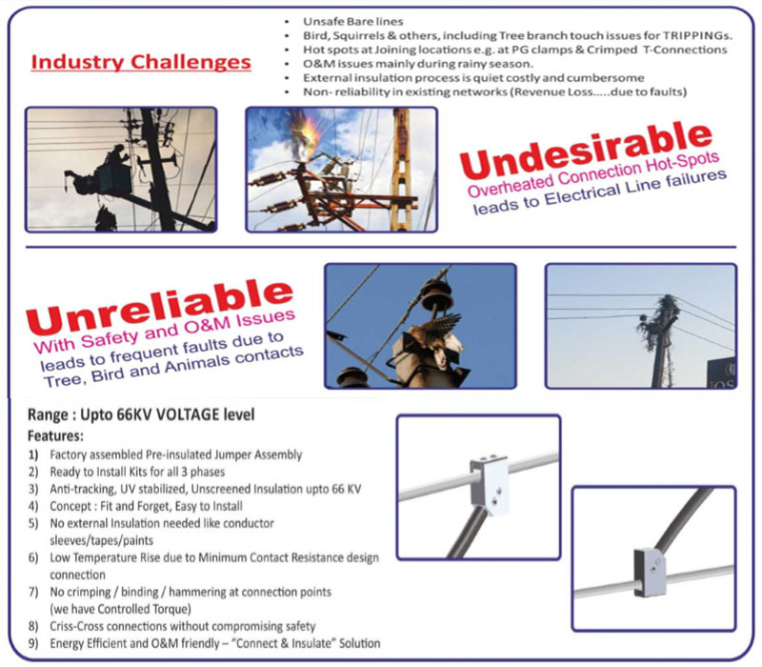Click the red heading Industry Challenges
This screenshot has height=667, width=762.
pos(141,62)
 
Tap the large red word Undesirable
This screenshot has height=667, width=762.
pos(586,151)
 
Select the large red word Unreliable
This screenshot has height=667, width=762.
pos(160,306)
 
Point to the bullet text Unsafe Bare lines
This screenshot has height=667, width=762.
pos(352,21)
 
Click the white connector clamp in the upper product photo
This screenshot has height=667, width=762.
pos(490,484)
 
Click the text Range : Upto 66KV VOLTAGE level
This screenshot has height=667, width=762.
pos(141,414)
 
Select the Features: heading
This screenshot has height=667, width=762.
pos(55,435)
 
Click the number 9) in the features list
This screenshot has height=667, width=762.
pos(33,644)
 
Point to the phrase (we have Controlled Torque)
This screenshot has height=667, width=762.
pos(121,609)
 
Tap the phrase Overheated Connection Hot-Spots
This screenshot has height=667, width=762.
pos(592,174)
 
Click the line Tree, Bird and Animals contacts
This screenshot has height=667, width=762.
pos(173,367)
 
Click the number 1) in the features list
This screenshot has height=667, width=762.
pos(33,455)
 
